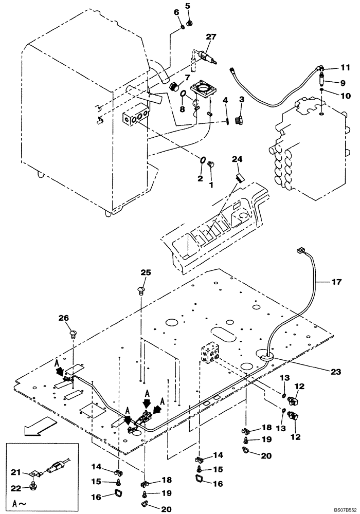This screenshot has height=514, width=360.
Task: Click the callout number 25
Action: tap(146, 272)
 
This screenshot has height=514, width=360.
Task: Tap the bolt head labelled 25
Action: tap(140, 291)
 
